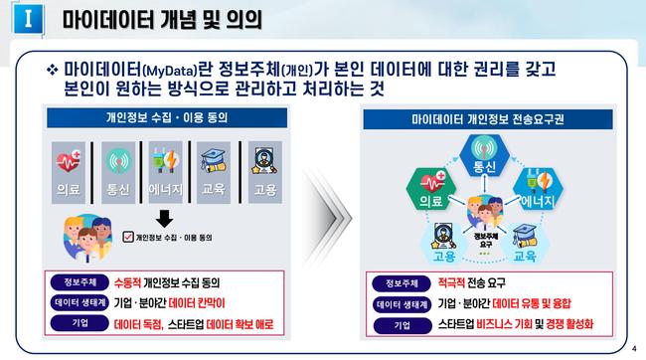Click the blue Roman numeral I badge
click(x=28, y=19)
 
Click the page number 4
click(x=634, y=349)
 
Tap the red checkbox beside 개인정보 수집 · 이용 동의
click(x=128, y=237)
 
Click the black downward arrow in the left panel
click(x=164, y=219)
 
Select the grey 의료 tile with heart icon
click(x=69, y=172)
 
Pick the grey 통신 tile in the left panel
click(x=118, y=172)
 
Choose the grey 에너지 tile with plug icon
click(x=166, y=172)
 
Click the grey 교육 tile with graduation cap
click(x=214, y=172)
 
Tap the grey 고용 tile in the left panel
click(x=265, y=172)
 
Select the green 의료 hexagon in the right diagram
click(x=431, y=189)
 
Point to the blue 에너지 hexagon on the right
click(x=538, y=189)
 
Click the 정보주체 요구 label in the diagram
click(x=486, y=240)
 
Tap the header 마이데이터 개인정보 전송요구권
click(x=488, y=119)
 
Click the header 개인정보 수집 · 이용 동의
click(x=167, y=118)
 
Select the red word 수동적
click(x=127, y=282)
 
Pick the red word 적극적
click(x=451, y=282)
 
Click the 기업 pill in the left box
click(x=80, y=323)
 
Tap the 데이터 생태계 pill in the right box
click(x=402, y=304)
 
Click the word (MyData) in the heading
click(x=170, y=71)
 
